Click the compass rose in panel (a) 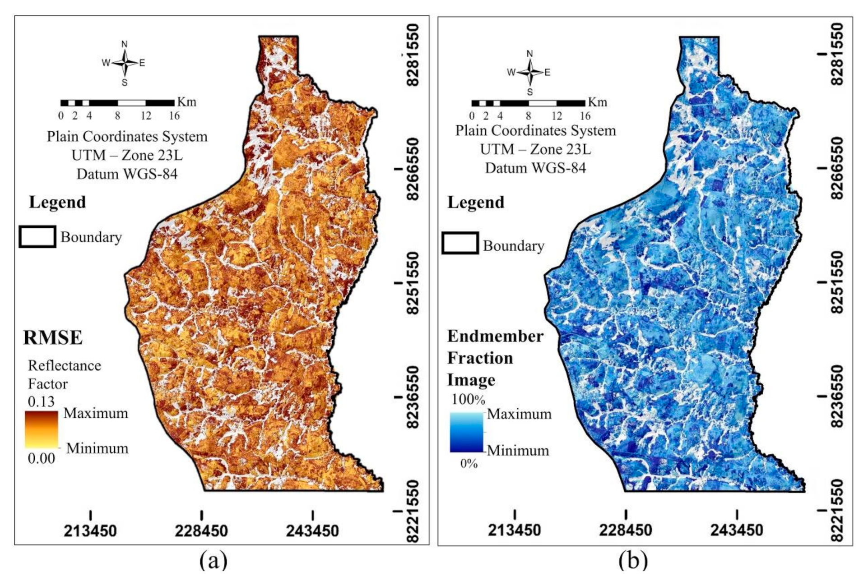(x=125, y=63)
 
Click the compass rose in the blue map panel (x=530, y=73)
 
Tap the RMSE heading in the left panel (x=53, y=338)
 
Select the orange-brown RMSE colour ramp (x=42, y=429)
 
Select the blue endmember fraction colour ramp (x=466, y=432)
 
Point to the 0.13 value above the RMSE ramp (x=41, y=401)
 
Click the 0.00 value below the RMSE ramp (x=42, y=459)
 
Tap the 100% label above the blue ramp (x=468, y=400)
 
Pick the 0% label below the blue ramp (x=469, y=463)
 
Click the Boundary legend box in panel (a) (x=37, y=237)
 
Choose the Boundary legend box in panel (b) (x=460, y=243)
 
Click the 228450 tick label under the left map (x=201, y=531)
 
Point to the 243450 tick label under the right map (x=737, y=530)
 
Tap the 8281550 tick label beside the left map (x=413, y=55)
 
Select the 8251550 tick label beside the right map (x=836, y=282)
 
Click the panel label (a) (x=213, y=561)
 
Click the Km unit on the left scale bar (x=186, y=102)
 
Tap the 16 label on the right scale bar (x=585, y=116)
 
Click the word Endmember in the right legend (x=495, y=337)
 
